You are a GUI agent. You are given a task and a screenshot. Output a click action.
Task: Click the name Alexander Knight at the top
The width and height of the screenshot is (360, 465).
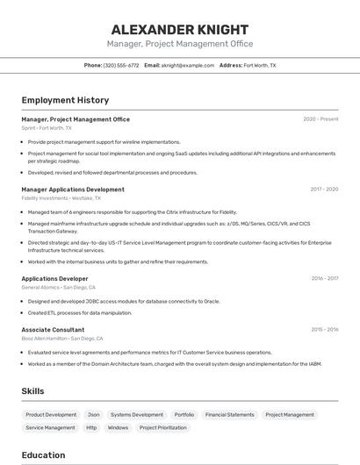[x=180, y=29]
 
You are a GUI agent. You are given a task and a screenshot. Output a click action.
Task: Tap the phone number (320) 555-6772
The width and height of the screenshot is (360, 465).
[x=121, y=65]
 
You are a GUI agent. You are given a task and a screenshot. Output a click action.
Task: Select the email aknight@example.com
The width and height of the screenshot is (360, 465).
[x=188, y=65]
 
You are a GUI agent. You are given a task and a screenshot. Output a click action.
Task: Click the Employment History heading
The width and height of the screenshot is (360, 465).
[x=65, y=101]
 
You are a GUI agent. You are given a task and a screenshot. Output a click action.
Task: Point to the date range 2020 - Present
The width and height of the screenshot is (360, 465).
[x=320, y=119]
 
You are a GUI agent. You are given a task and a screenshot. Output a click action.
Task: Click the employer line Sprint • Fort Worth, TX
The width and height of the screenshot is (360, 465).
[x=47, y=128]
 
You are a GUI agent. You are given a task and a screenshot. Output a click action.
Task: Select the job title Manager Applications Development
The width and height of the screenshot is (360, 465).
[x=73, y=190]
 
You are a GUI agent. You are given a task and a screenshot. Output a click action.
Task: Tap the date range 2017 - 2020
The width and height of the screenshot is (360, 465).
[x=324, y=190]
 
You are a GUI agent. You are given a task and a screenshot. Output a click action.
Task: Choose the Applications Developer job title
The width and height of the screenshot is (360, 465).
[x=54, y=278]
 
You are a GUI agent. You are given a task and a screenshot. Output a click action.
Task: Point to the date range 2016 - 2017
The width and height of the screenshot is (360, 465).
[x=324, y=278]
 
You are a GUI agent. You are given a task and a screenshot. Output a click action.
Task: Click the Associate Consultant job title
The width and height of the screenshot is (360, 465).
[x=53, y=330]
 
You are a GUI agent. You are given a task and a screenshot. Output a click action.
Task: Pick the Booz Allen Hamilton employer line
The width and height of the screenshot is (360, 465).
[x=62, y=339]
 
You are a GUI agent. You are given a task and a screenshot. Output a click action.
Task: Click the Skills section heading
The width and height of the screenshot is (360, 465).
[x=33, y=390]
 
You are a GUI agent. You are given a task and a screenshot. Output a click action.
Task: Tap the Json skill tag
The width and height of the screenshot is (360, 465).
[x=93, y=415]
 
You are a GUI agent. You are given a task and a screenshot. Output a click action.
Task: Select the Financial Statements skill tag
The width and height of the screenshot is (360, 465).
[x=229, y=415]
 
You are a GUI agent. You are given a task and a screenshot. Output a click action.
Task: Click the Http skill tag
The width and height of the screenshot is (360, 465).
[x=91, y=428]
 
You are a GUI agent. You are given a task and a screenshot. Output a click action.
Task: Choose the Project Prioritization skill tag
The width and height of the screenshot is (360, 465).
[x=160, y=428]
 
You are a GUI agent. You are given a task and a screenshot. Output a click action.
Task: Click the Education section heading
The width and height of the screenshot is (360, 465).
[x=43, y=455]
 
